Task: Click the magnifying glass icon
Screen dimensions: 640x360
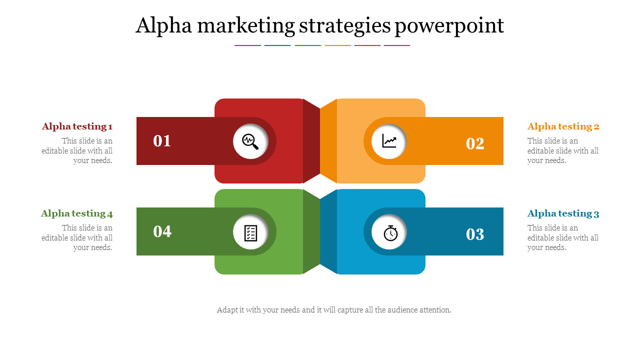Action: tap(250, 141)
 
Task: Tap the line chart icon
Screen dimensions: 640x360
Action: tap(389, 141)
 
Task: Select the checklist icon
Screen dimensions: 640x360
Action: tap(250, 233)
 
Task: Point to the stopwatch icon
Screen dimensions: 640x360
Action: tap(390, 233)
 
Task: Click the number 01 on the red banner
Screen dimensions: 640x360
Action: tap(162, 141)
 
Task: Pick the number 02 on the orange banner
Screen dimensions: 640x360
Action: tap(475, 143)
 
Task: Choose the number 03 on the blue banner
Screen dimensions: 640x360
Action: tap(475, 234)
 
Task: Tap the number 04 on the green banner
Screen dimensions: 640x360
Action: tap(162, 231)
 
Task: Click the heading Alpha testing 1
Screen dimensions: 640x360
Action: tap(77, 126)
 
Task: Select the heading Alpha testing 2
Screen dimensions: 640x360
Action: tap(563, 126)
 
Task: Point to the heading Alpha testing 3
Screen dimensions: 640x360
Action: tap(563, 213)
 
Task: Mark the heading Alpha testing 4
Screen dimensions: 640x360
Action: tap(77, 213)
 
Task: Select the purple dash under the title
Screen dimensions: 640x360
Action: tap(247, 45)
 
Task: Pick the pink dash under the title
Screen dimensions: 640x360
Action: tap(397, 45)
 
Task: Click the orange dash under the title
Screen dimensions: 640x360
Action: tap(337, 45)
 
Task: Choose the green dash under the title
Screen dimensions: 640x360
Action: tap(308, 45)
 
